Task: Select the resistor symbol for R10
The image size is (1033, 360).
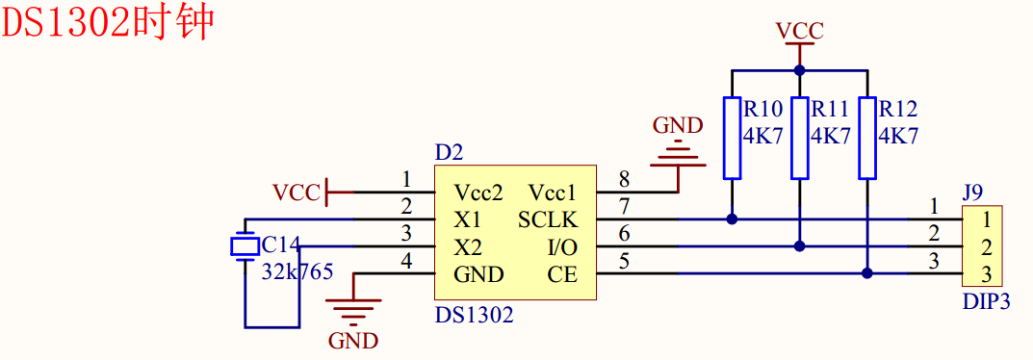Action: (732, 137)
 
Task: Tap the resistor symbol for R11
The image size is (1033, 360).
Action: (799, 137)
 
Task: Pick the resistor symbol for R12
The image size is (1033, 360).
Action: (867, 137)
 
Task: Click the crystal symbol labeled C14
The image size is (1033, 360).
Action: (245, 246)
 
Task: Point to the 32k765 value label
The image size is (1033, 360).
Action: (297, 271)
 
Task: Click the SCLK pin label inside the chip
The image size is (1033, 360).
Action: (548, 219)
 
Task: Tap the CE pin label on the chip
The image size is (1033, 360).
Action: (562, 274)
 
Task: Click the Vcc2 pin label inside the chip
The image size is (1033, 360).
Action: (478, 192)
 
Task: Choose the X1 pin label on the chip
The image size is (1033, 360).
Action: (468, 219)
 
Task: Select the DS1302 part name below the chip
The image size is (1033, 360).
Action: (474, 314)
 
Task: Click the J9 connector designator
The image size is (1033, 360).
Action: (973, 192)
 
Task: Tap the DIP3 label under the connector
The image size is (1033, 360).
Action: (986, 301)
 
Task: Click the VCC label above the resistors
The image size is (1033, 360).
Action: (799, 31)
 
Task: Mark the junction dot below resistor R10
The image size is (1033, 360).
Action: (732, 219)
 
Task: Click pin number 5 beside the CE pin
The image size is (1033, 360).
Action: (624, 260)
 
